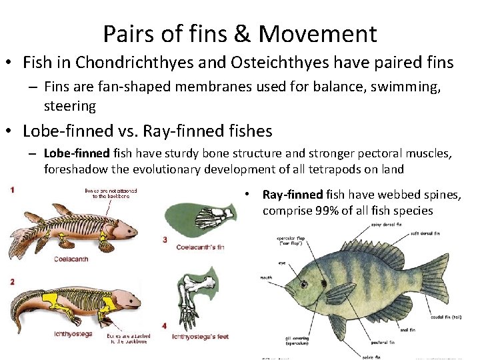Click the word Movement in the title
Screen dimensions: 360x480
click(317, 33)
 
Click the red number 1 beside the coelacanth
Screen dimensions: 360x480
click(13, 190)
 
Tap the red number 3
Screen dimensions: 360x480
click(165, 239)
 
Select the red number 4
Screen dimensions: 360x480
click(165, 325)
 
